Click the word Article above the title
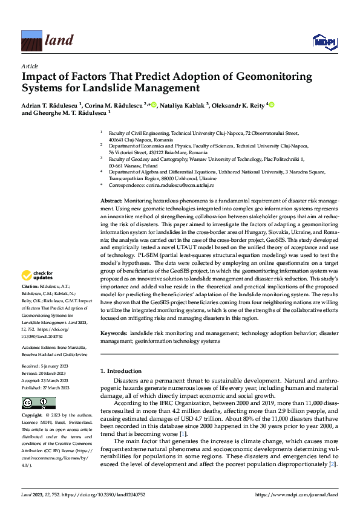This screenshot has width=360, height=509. point(30,65)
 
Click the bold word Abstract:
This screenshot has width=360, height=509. point(111,200)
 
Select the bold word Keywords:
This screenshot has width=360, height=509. point(114,333)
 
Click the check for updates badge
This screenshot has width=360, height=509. point(39,276)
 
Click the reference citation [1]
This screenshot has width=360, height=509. point(183,434)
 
